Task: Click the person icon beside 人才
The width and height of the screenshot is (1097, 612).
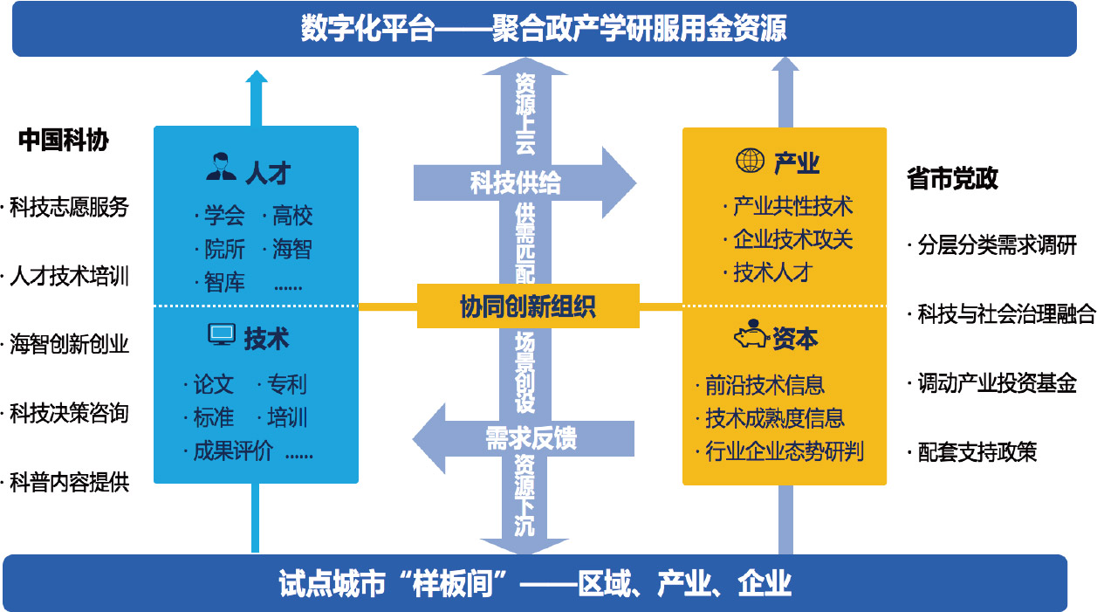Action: (222, 166)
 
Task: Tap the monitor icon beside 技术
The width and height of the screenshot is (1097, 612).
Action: (222, 335)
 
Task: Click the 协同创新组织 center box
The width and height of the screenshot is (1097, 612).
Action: (528, 307)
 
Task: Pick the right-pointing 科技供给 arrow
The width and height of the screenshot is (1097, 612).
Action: (524, 182)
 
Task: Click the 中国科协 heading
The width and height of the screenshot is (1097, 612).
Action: (64, 141)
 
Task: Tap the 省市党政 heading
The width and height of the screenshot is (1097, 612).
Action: (952, 179)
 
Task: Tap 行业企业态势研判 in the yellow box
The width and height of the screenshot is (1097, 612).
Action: (784, 451)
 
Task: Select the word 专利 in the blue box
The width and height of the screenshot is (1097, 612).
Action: (286, 385)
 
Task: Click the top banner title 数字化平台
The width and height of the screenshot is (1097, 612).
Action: (367, 29)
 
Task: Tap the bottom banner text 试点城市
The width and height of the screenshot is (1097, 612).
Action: (332, 582)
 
